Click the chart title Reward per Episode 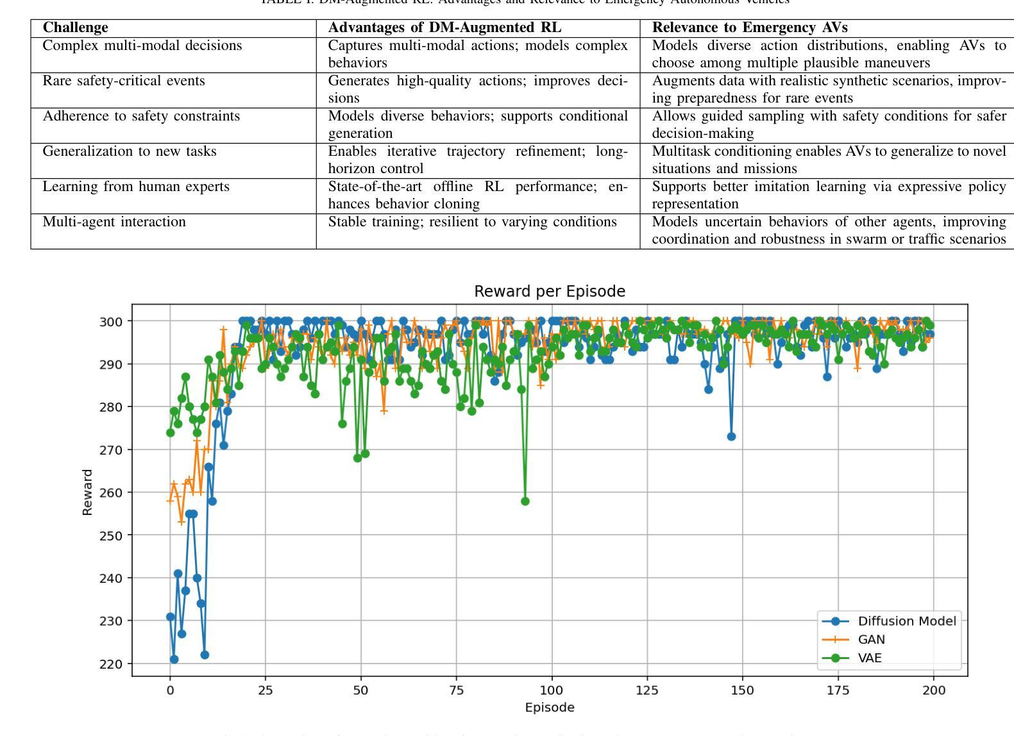click(x=550, y=292)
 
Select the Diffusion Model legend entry click(x=906, y=621)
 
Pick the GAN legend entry click(x=871, y=639)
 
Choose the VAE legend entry click(x=869, y=658)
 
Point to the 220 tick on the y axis click(x=112, y=664)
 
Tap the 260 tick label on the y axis click(x=112, y=492)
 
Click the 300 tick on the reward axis click(x=112, y=321)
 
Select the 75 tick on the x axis click(x=456, y=690)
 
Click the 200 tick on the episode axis click(x=933, y=690)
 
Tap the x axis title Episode click(x=550, y=708)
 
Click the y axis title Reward click(x=88, y=492)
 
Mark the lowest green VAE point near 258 click(x=525, y=501)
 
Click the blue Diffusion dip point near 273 click(x=731, y=437)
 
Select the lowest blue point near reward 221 click(x=174, y=659)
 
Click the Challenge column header click(x=76, y=28)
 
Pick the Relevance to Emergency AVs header click(x=750, y=28)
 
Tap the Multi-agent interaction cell click(x=114, y=222)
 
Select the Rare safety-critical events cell click(x=124, y=81)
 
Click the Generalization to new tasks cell click(x=130, y=151)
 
